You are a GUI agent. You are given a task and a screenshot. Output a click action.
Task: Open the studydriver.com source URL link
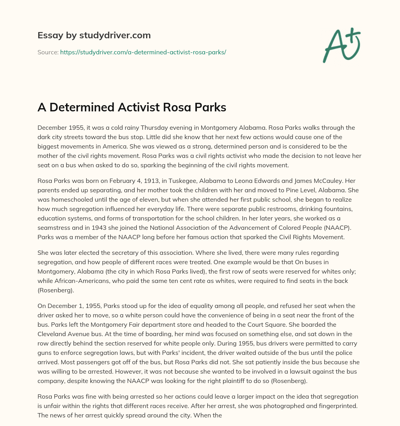(x=143, y=52)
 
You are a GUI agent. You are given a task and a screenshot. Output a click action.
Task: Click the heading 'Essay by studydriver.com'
(x=94, y=36)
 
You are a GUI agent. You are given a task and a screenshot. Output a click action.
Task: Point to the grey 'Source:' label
(x=48, y=52)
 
